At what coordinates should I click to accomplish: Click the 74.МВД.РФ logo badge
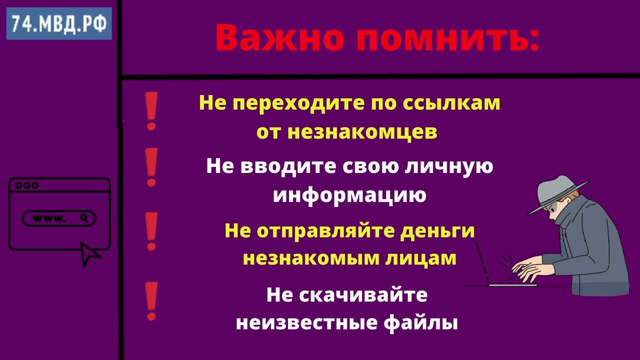click(x=59, y=23)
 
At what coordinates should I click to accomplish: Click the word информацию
click(x=349, y=195)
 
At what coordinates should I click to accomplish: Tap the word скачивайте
click(x=363, y=295)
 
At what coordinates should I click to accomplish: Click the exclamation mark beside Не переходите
click(x=151, y=111)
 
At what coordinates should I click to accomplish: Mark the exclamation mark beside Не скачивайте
click(x=151, y=300)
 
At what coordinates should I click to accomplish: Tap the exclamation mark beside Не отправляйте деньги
click(x=151, y=231)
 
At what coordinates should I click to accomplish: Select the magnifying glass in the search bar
click(x=85, y=218)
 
